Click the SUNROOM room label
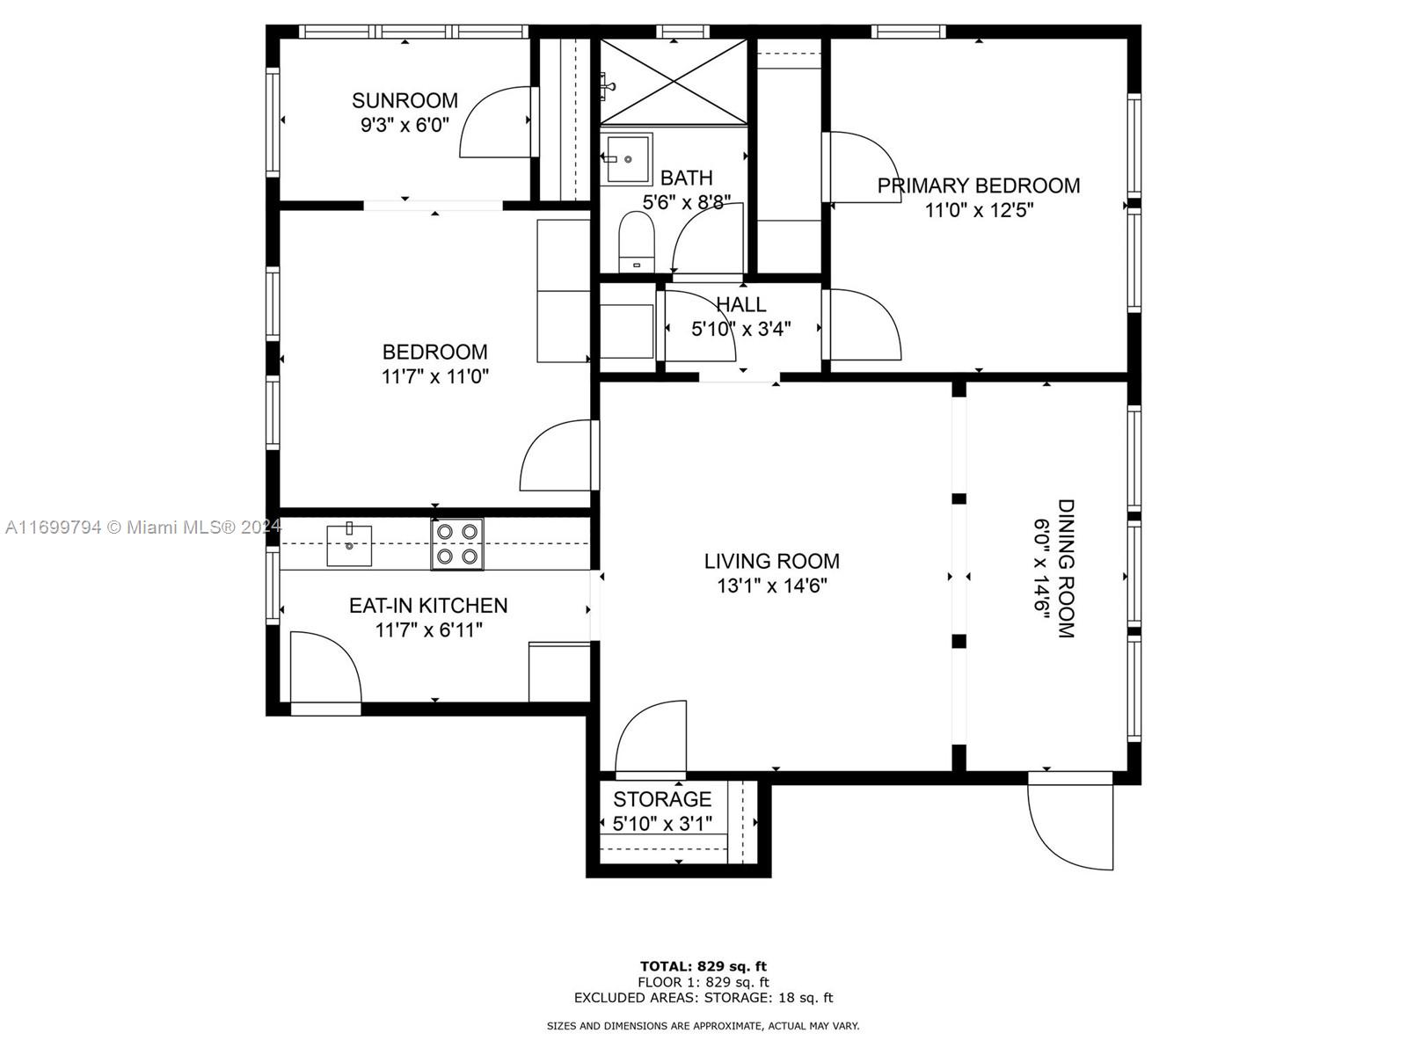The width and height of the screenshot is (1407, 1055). (x=405, y=100)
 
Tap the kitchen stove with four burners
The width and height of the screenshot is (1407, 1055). (x=457, y=544)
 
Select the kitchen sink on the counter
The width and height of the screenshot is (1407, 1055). (x=349, y=544)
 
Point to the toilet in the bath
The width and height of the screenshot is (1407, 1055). (x=636, y=242)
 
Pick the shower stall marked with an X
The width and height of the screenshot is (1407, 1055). (x=673, y=82)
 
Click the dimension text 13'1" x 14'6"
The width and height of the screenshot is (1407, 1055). (x=772, y=586)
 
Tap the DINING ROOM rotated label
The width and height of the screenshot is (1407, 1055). (x=1065, y=569)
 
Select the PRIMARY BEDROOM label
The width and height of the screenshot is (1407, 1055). (x=978, y=186)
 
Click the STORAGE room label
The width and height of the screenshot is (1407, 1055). (x=662, y=799)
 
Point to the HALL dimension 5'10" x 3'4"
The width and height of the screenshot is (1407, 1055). (x=741, y=329)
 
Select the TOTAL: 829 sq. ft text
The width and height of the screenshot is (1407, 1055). (x=703, y=966)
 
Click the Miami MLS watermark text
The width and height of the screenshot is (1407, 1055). (x=143, y=527)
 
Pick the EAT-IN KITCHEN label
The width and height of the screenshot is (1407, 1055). (x=428, y=606)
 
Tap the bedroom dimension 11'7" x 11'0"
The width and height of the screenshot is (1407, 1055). (x=435, y=376)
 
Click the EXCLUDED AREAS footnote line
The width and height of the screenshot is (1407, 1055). (x=703, y=997)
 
